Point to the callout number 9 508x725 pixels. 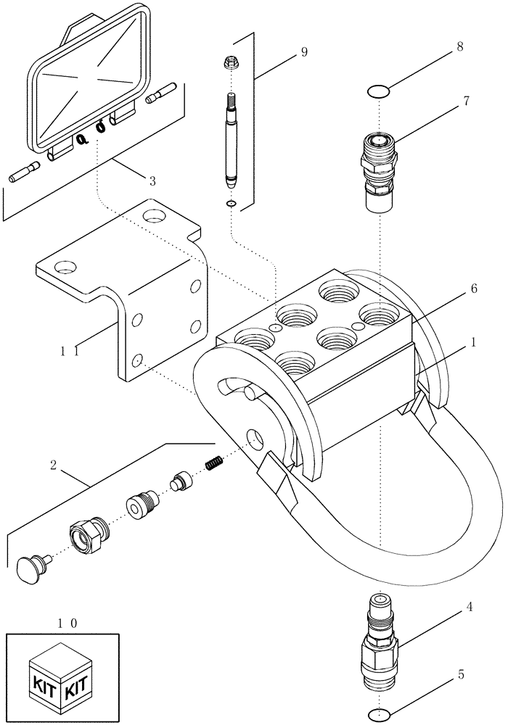tap(303, 51)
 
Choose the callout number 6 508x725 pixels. tap(473, 289)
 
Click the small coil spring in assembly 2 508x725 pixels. tap(214, 461)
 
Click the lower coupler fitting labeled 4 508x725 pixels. tap(379, 638)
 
